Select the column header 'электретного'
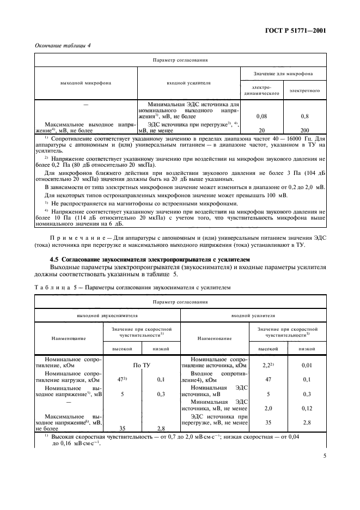[304, 90]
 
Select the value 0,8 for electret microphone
[304, 116]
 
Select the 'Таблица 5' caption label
[57, 287]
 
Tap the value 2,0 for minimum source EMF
[267, 407]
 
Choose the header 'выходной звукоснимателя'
[107, 315]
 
